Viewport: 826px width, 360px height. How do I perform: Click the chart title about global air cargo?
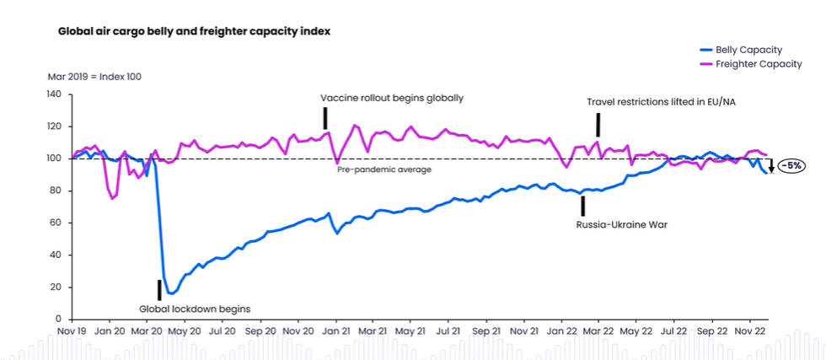click(x=194, y=31)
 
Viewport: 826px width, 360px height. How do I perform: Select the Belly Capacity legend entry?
click(x=748, y=51)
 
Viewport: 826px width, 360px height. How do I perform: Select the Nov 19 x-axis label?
click(x=71, y=332)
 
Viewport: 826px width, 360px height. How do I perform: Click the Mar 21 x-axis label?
click(x=372, y=332)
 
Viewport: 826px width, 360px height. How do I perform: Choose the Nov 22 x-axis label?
click(x=749, y=332)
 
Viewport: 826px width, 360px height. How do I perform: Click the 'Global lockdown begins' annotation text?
click(x=195, y=309)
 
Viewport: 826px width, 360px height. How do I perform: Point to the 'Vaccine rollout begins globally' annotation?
click(x=392, y=99)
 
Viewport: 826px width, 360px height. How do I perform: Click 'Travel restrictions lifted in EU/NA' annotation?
click(x=662, y=102)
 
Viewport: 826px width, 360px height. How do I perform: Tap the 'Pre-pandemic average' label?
click(x=384, y=169)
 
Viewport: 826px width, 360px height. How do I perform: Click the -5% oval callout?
click(x=791, y=166)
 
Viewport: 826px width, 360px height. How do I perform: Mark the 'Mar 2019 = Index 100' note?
click(x=94, y=77)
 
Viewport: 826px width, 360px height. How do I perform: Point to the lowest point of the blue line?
click(x=171, y=293)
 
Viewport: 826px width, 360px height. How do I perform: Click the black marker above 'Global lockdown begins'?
click(x=158, y=289)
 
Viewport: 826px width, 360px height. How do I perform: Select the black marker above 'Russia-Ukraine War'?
click(x=582, y=207)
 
